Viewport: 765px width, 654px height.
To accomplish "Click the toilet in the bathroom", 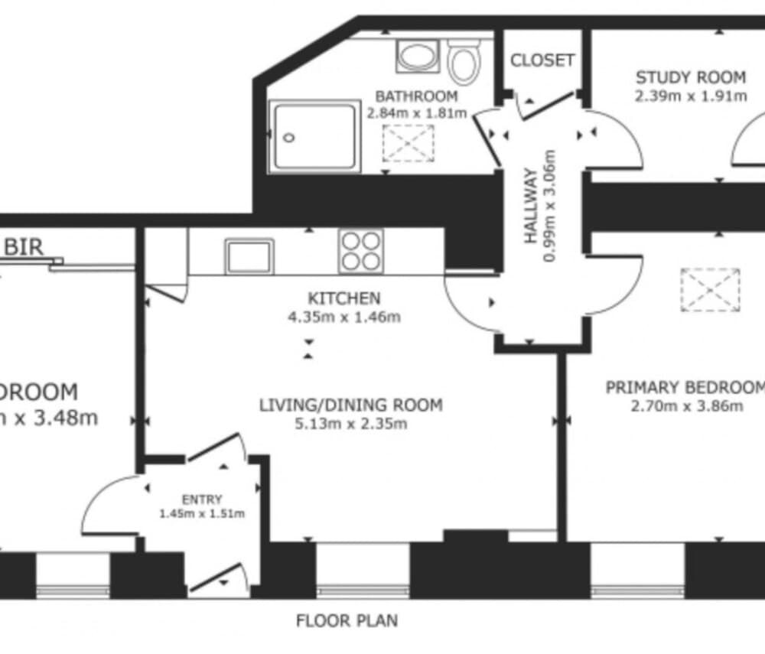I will (464, 61).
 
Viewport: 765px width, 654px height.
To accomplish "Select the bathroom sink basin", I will (415, 57).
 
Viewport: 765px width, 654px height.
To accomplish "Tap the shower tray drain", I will (289, 138).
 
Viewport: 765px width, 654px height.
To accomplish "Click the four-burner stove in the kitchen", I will (361, 250).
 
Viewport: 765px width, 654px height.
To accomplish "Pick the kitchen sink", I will (249, 255).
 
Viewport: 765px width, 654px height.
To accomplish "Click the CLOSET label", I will (542, 60).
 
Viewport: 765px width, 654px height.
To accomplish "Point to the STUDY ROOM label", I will (691, 77).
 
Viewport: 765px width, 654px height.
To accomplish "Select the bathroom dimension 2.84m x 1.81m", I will (417, 113).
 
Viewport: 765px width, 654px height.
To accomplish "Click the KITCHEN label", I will (343, 298).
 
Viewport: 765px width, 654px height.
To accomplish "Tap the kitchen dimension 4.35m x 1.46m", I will (343, 317).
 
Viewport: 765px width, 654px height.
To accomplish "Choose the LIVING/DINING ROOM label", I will (350, 405).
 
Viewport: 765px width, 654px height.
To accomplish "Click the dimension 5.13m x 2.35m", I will (350, 424).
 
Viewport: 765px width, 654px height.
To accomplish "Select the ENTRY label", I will (202, 499).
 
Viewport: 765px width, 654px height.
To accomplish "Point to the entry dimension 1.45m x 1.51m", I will (202, 514).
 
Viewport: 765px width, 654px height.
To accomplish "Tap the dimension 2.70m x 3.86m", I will (686, 406).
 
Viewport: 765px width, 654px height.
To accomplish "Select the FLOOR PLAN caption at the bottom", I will (347, 620).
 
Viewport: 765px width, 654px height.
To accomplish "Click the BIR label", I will (24, 247).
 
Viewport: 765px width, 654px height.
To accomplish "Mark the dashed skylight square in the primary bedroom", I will (710, 290).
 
